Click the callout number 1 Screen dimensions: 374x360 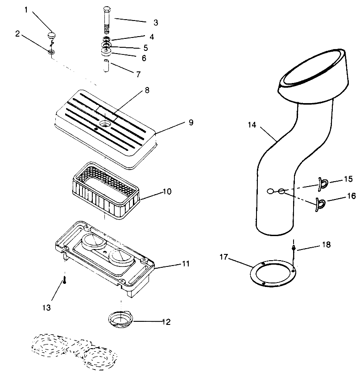pyautogui.click(x=26, y=10)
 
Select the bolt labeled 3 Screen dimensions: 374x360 pyautogui.click(x=107, y=20)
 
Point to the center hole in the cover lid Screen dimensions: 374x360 pyautogui.click(x=106, y=122)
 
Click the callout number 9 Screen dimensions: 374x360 pyautogui.click(x=191, y=122)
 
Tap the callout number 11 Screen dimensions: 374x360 pyautogui.click(x=185, y=264)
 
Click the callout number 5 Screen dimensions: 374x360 pyautogui.click(x=145, y=47)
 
